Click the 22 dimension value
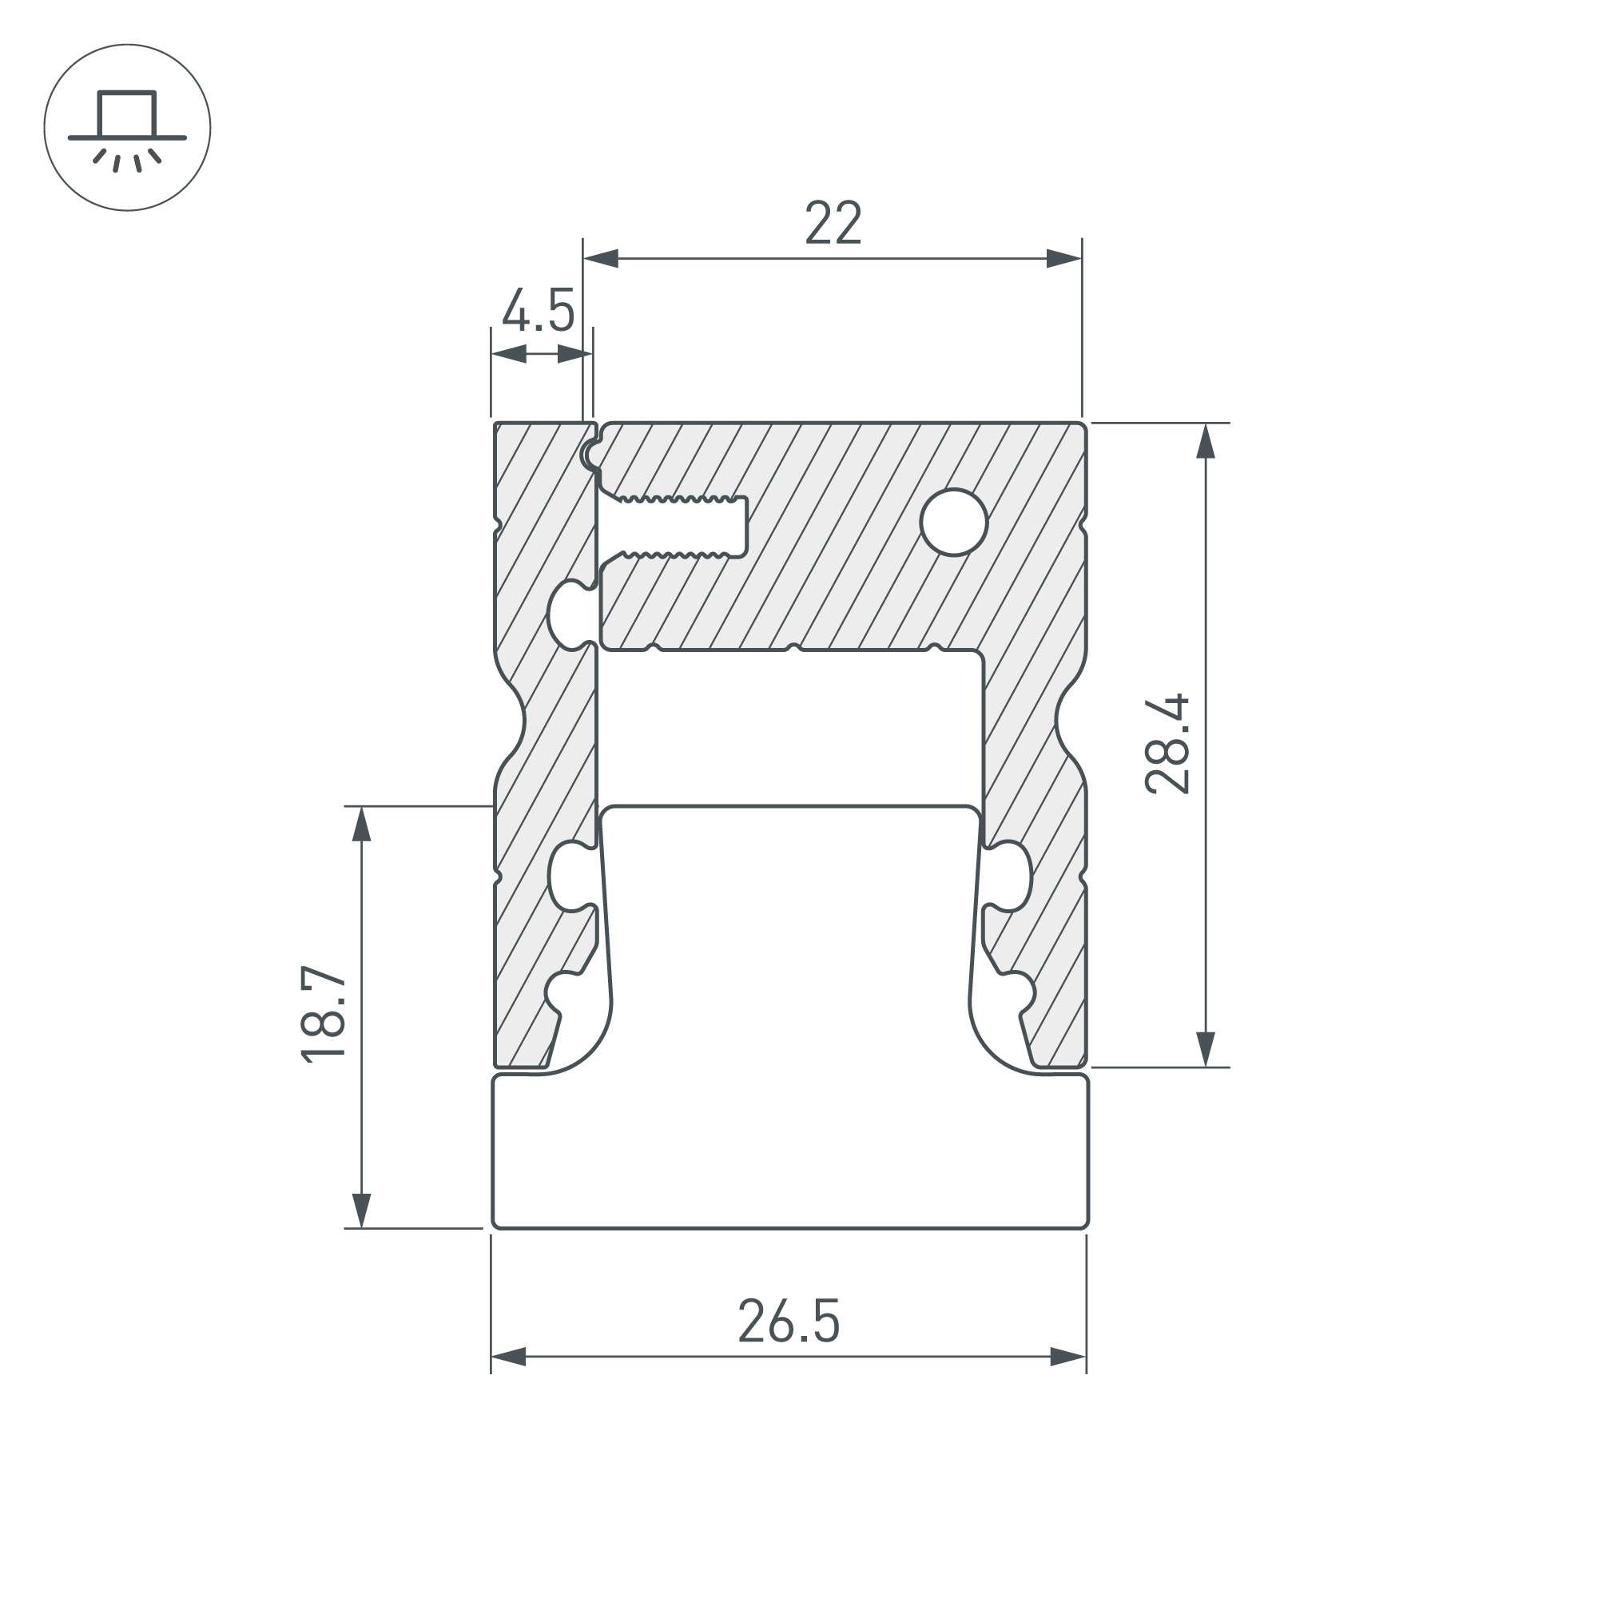pos(833,222)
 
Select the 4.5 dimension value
pos(539,311)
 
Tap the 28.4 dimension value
pos(1167,745)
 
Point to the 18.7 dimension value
pos(324,1013)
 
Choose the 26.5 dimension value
pos(789,1321)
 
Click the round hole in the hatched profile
pos(954,522)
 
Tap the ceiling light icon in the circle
pos(127,127)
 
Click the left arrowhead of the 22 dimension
pos(601,259)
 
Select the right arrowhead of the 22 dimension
pos(1064,259)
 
